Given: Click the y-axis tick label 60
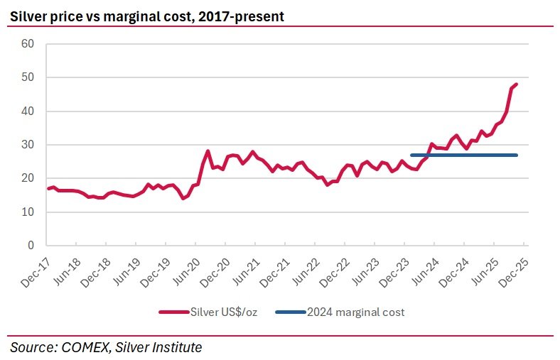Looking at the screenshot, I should click(28, 43).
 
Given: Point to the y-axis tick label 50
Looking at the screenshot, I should click(28, 77).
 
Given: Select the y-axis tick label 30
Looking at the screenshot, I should click(28, 145).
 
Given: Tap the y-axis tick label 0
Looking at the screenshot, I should click(31, 246).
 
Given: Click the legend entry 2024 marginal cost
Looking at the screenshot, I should click(355, 312).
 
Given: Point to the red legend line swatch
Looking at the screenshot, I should click(174, 312).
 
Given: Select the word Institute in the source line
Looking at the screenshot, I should click(176, 347).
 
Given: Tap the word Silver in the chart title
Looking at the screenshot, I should click(27, 16).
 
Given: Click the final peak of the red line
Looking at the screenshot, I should click(515, 84).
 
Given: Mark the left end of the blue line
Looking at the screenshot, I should click(412, 155).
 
